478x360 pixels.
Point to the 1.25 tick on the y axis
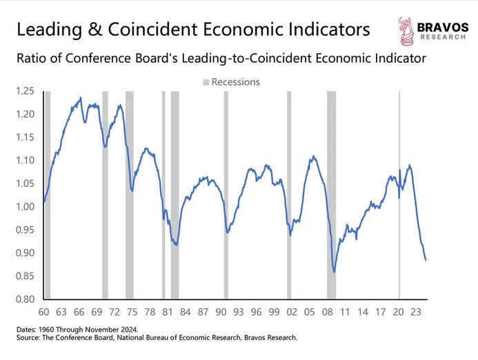26,91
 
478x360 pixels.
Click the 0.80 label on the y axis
26,299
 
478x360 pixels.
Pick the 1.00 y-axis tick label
26,207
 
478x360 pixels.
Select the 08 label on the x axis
330,311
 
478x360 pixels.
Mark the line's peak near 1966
81,98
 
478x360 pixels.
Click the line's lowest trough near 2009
335,272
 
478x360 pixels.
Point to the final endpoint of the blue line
426,260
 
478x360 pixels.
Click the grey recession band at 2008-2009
331,193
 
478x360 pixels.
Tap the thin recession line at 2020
399,193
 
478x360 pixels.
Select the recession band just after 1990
226,193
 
